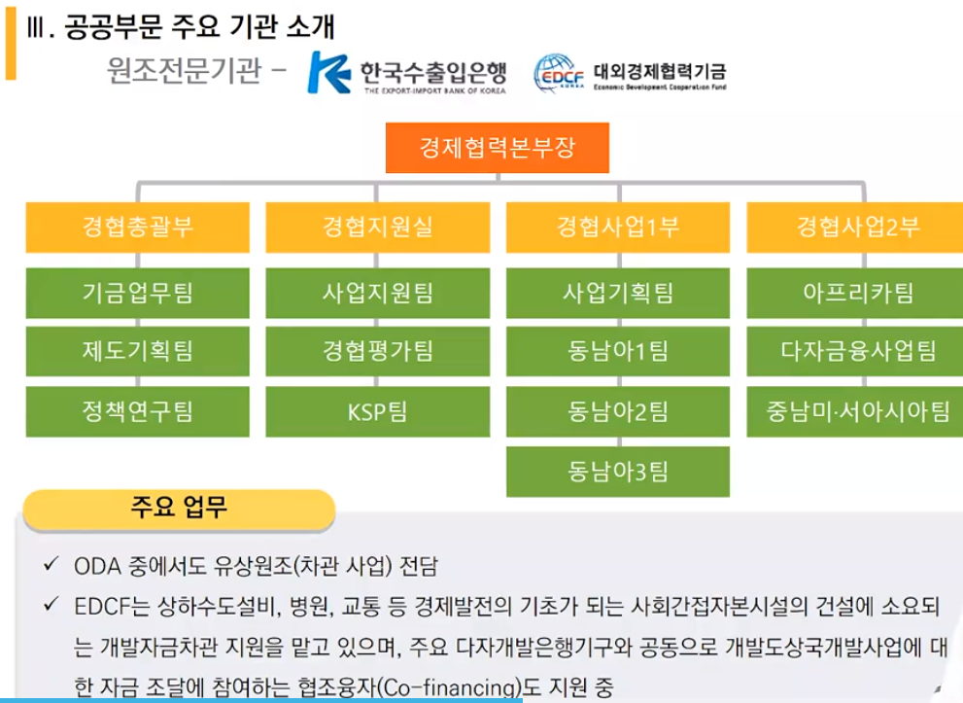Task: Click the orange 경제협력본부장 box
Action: [x=498, y=148]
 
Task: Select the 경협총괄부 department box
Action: [x=138, y=227]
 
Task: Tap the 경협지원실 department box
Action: [x=378, y=227]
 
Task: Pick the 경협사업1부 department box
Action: [x=618, y=227]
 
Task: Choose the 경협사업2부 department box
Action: [x=855, y=227]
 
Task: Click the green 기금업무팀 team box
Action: [x=138, y=293]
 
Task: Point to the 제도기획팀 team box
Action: [x=138, y=351]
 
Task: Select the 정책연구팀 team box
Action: [x=138, y=411]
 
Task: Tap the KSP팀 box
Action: [x=378, y=411]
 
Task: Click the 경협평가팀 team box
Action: [x=378, y=351]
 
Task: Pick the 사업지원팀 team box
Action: [x=378, y=293]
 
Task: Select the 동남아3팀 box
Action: [x=618, y=472]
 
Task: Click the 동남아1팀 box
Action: [x=618, y=351]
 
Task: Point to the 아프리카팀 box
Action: [x=855, y=293]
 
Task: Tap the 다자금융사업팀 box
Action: [x=855, y=351]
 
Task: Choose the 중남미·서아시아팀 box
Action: [x=855, y=411]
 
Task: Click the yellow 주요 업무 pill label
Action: [x=179, y=510]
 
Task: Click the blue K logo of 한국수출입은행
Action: [x=327, y=73]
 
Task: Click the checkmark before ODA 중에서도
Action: [x=52, y=564]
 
